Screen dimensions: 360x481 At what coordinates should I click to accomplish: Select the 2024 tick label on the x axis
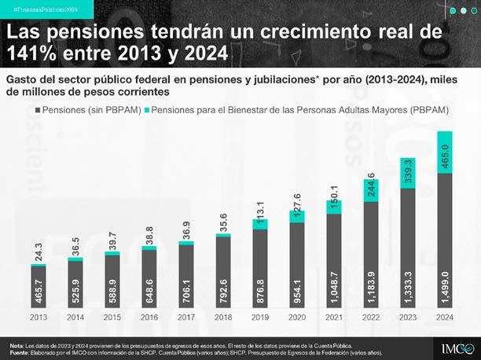(x=443, y=318)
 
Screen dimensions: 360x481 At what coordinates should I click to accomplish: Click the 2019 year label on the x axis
(x=259, y=318)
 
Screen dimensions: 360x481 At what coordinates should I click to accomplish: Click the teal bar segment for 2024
(x=443, y=152)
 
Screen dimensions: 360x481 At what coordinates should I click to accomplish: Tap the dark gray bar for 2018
(x=222, y=272)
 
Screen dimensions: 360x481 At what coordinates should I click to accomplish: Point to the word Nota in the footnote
(x=16, y=346)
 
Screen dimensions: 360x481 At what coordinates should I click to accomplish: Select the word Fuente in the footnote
(x=19, y=353)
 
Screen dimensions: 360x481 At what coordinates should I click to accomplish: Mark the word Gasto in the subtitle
(x=24, y=80)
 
